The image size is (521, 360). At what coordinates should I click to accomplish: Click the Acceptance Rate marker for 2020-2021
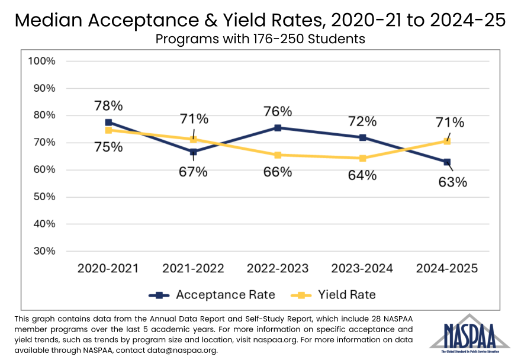pyautogui.click(x=108, y=123)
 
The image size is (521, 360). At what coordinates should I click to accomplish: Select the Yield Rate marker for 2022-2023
pyautogui.click(x=278, y=155)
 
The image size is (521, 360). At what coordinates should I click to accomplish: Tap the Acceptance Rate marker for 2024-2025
pyautogui.click(x=447, y=162)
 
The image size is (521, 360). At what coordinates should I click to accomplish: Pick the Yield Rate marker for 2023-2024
pyautogui.click(x=362, y=158)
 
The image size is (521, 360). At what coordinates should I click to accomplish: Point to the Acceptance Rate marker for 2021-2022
pyautogui.click(x=193, y=152)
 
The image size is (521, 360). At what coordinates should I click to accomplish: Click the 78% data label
pyautogui.click(x=108, y=106)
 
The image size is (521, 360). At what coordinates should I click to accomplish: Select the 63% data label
pyautogui.click(x=453, y=182)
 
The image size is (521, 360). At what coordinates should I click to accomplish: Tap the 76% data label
pyautogui.click(x=278, y=111)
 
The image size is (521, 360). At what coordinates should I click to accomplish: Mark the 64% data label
pyautogui.click(x=362, y=175)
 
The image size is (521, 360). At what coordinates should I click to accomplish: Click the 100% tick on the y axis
pyautogui.click(x=42, y=61)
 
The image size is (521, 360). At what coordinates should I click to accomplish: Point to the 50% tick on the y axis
pyautogui.click(x=44, y=197)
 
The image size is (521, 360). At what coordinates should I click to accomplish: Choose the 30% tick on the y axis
pyautogui.click(x=44, y=251)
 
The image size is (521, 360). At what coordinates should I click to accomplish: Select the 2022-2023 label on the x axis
pyautogui.click(x=278, y=268)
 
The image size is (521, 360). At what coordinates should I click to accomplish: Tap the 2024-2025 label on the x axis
pyautogui.click(x=447, y=268)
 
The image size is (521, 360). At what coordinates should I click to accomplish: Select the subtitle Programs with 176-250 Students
pyautogui.click(x=260, y=40)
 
